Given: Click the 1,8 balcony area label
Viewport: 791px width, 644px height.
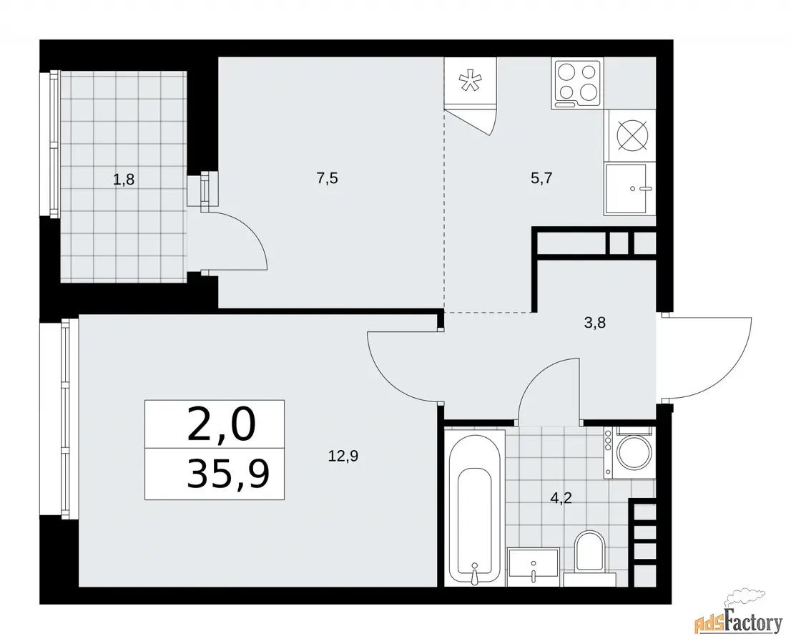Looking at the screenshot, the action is point(124,179).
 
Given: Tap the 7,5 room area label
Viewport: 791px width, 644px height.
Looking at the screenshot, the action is point(327,178).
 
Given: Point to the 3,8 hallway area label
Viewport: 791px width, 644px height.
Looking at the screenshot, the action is point(595,323).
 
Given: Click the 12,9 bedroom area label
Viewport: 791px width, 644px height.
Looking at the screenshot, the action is point(343,457).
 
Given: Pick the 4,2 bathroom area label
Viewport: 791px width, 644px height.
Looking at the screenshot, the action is point(561,498).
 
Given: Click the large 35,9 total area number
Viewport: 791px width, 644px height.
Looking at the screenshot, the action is point(228,474).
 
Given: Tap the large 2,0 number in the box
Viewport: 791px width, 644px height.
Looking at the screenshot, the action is point(222,425).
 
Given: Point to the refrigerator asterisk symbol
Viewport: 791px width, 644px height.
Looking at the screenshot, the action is point(470,81).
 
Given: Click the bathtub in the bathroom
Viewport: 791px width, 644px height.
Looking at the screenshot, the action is point(475,509).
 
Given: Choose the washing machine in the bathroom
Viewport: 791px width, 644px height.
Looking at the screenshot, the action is point(629,452).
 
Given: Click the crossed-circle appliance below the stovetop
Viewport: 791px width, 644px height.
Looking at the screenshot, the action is point(632,136).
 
